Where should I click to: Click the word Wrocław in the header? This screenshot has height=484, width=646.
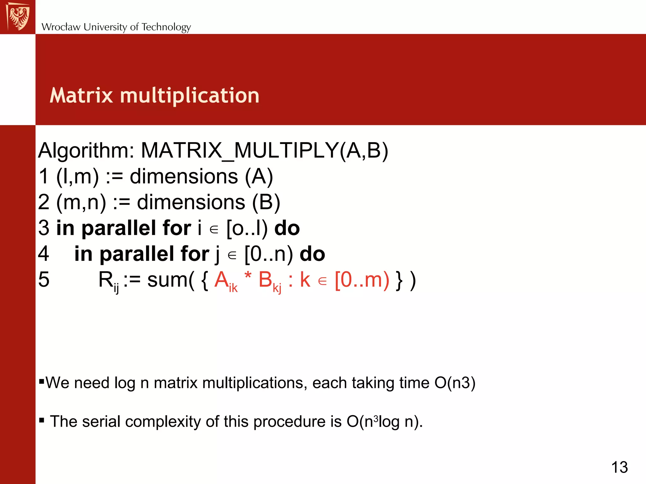coord(61,27)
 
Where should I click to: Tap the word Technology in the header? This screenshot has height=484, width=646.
coord(166,27)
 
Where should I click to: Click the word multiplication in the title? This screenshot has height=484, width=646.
coord(190,96)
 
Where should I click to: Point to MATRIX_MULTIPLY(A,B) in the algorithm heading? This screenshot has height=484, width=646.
coord(264,151)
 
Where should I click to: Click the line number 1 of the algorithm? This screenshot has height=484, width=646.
coord(44,176)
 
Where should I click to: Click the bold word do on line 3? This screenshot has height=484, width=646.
coord(287,228)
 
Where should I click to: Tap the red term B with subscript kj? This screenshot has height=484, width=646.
coord(269,280)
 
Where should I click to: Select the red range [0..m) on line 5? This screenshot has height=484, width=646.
coord(362,280)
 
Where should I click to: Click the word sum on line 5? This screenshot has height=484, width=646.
coord(167,280)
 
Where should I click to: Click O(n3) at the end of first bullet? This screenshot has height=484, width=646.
coord(455,383)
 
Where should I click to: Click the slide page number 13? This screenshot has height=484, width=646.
coord(620,467)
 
